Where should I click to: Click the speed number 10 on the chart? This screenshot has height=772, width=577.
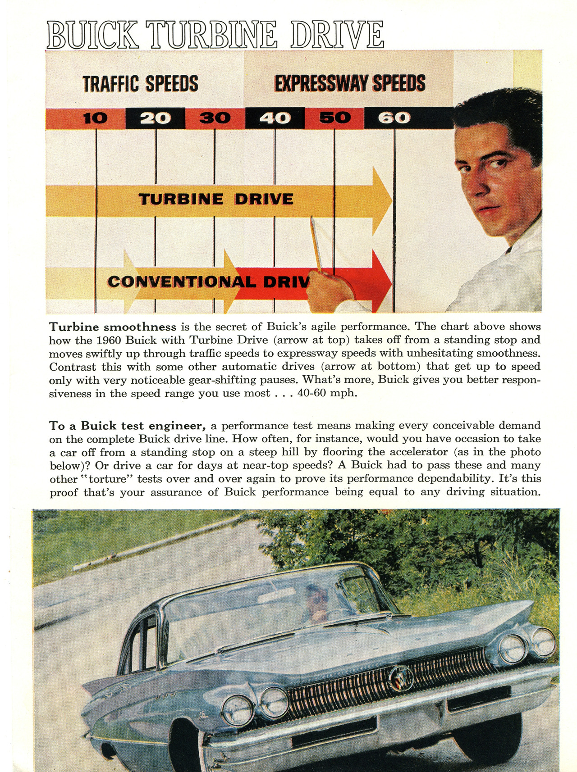click(x=96, y=118)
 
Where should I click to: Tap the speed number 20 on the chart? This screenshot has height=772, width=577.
click(x=155, y=118)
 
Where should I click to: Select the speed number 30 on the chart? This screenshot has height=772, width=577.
click(x=215, y=118)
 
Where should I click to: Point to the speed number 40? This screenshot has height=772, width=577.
click(x=275, y=118)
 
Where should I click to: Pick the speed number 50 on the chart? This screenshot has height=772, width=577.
click(x=335, y=118)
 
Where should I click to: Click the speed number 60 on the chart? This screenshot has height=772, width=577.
click(x=394, y=118)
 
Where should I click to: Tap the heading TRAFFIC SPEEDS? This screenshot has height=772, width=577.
click(x=140, y=84)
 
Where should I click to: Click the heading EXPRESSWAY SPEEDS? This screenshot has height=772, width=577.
click(x=350, y=83)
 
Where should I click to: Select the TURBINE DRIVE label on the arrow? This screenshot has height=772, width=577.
click(x=216, y=199)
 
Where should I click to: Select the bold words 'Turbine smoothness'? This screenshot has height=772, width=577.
click(x=113, y=327)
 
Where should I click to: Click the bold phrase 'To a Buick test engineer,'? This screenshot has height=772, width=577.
click(x=128, y=426)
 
